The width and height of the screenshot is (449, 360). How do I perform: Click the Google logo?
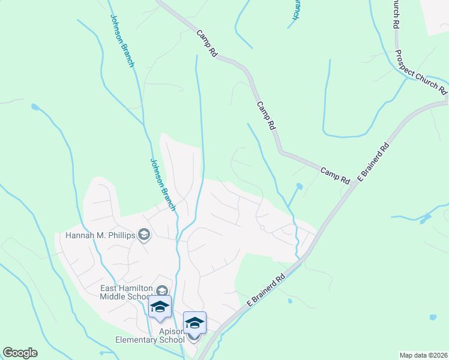pyautogui.click(x=20, y=353)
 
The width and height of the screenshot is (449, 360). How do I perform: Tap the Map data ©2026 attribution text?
pyautogui.click(x=423, y=355)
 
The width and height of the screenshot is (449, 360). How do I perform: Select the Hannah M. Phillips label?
pyautogui.click(x=101, y=235)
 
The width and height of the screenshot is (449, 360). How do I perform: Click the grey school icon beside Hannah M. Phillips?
pyautogui.click(x=143, y=235)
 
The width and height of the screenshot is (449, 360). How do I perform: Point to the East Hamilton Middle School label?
pyautogui.click(x=125, y=292)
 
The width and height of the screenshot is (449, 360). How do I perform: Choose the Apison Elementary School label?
pyautogui.click(x=150, y=335)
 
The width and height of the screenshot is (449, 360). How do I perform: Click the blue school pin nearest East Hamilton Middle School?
pyautogui.click(x=160, y=307)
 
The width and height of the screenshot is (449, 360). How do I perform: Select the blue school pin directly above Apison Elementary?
pyautogui.click(x=194, y=323)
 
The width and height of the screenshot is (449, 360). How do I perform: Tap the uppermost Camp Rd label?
pyautogui.click(x=206, y=43)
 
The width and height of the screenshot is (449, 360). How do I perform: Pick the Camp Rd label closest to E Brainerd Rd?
pyautogui.click(x=335, y=175)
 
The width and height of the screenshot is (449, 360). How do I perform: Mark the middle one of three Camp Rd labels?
pyautogui.click(x=266, y=116)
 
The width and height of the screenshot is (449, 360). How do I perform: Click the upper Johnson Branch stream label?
pyautogui.click(x=121, y=41)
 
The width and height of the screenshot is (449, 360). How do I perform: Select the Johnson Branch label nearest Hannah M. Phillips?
pyautogui.click(x=162, y=184)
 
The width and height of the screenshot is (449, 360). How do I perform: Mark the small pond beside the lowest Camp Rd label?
pyautogui.click(x=299, y=187)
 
